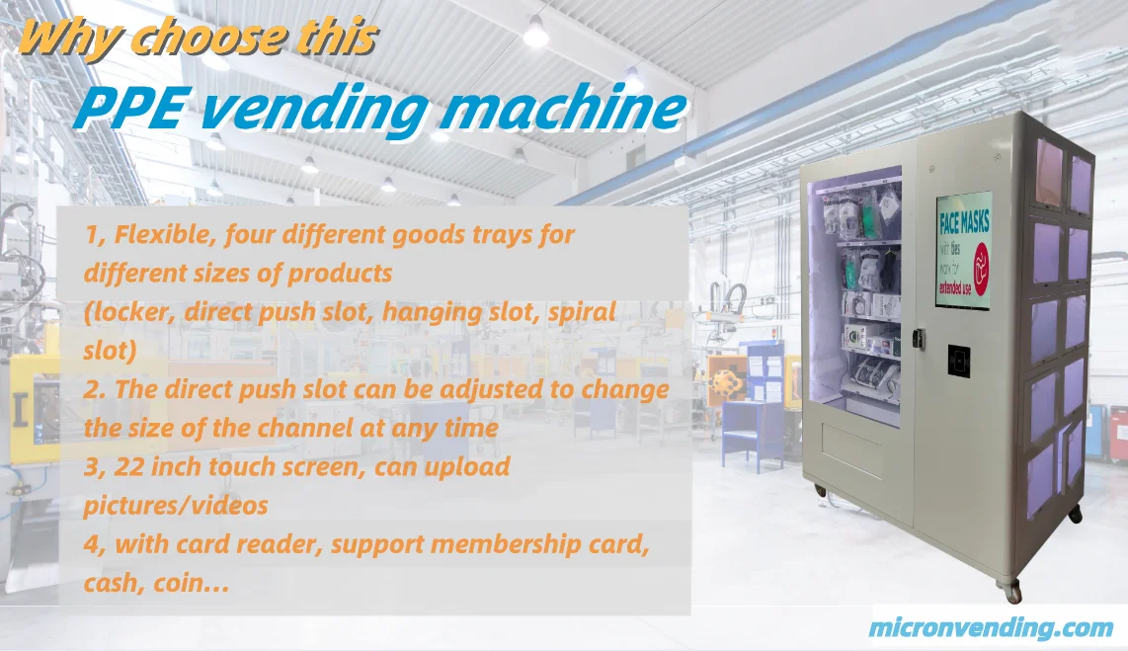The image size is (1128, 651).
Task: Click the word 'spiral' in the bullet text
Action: point(584,313)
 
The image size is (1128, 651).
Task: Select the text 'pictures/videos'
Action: point(176,505)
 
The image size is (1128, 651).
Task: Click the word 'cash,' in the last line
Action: point(114,584)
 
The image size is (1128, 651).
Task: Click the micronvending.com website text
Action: point(991,627)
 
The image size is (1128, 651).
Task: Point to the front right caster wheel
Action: point(1012,592)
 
